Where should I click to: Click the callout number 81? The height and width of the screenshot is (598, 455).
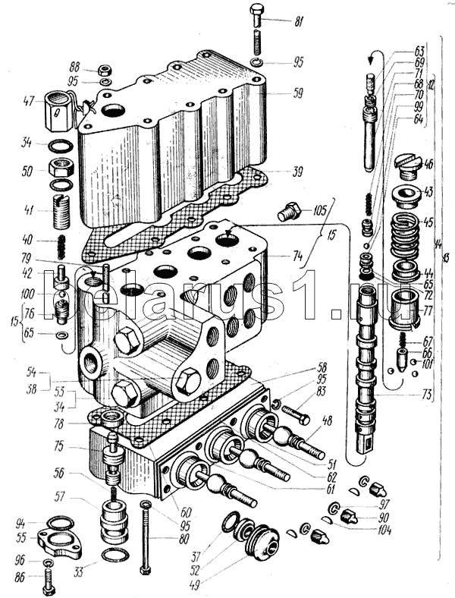298,20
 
